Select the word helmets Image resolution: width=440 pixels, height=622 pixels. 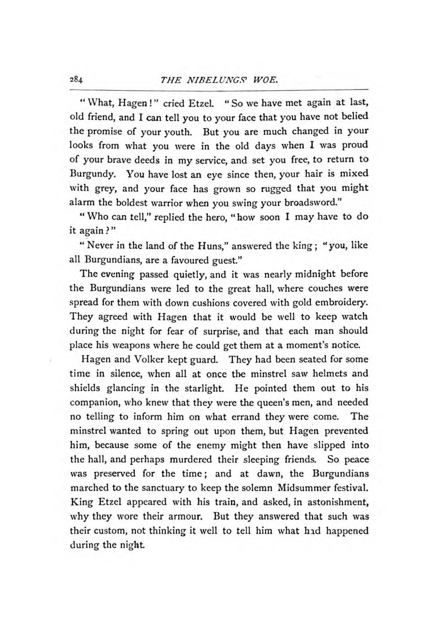[x=327, y=374]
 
